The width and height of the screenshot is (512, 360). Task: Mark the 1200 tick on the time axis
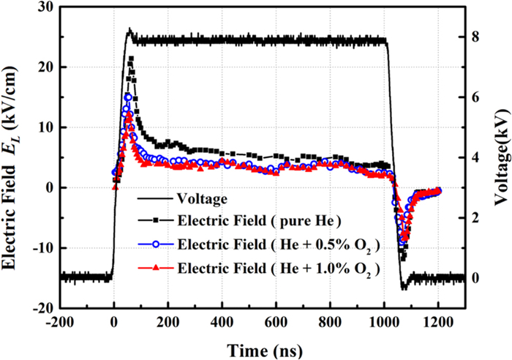pyautogui.click(x=438, y=321)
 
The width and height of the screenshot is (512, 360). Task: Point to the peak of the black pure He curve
pyautogui.click(x=131, y=58)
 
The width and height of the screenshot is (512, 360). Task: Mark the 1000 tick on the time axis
pyautogui.click(x=384, y=321)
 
